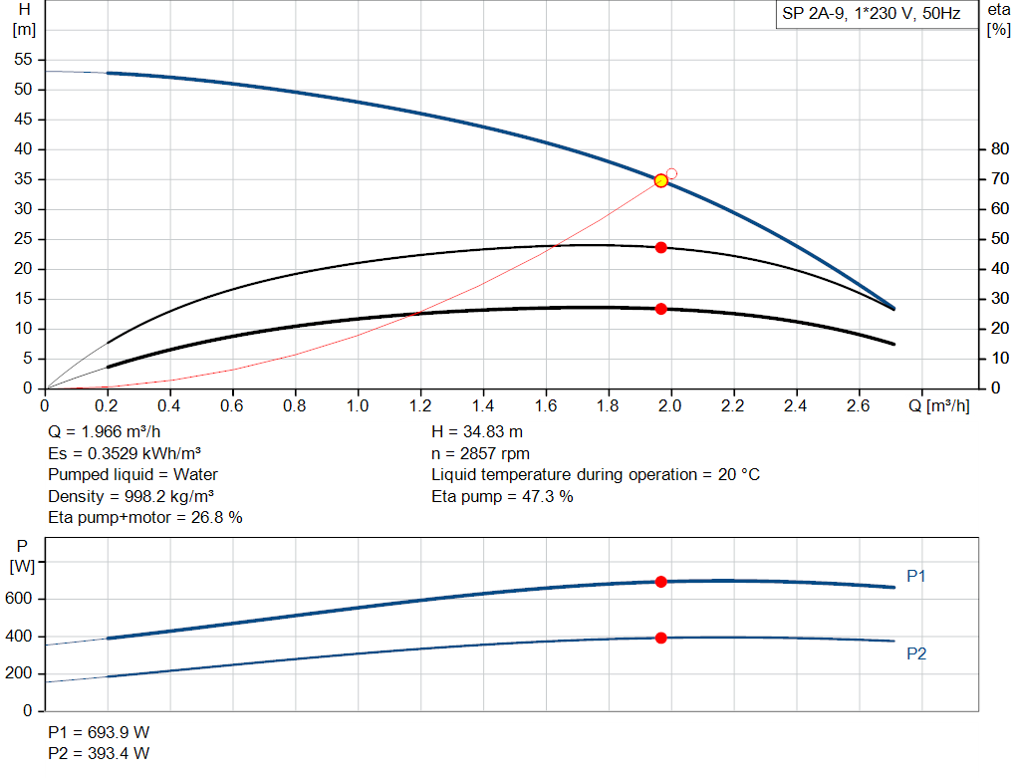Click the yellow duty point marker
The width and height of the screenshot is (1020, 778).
pos(660,180)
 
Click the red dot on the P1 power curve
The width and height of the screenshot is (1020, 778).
pos(660,582)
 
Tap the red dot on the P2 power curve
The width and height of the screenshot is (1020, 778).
pos(660,638)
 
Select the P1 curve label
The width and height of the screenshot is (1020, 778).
pos(916,576)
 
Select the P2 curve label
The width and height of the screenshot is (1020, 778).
pos(916,653)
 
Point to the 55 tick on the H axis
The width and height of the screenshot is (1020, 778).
pos(26,60)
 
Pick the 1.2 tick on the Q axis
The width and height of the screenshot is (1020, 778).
pos(420,406)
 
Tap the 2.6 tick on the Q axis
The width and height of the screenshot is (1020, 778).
pos(858,406)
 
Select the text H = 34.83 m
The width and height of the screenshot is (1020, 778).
pos(477,432)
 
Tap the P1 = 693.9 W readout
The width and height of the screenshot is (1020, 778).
pos(99,732)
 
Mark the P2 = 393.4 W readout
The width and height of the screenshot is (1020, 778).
pos(99,753)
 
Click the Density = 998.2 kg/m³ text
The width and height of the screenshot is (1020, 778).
pos(131,496)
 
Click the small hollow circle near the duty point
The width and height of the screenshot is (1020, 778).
pos(671,173)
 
